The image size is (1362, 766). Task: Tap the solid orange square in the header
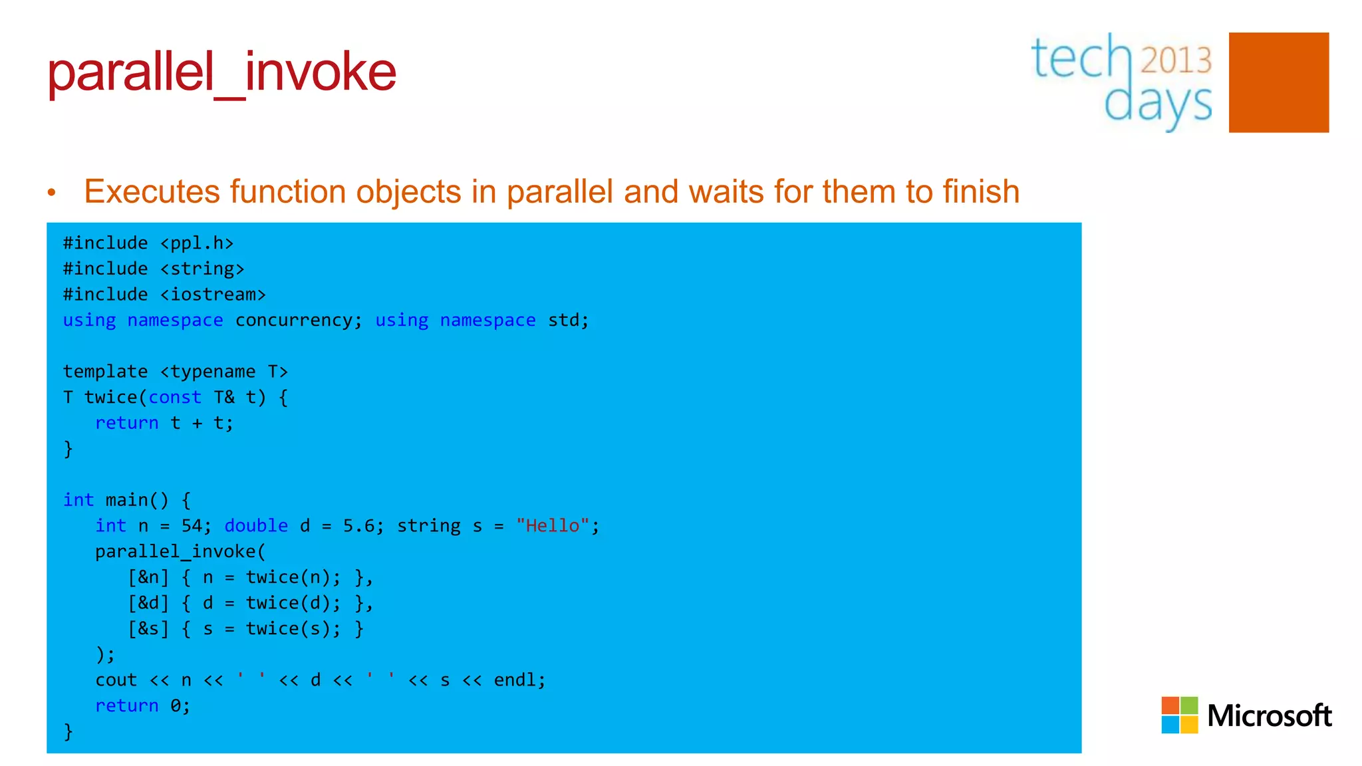click(x=1278, y=82)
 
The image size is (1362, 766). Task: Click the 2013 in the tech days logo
click(x=1176, y=60)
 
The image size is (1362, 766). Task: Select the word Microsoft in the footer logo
click(x=1269, y=715)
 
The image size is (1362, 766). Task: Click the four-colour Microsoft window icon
click(x=1179, y=715)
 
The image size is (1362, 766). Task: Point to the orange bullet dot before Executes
click(x=52, y=193)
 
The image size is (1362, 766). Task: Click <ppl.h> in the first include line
click(x=197, y=243)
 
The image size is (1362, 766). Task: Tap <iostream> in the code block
click(x=213, y=295)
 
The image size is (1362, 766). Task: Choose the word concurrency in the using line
click(x=294, y=320)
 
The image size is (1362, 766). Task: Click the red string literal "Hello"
click(x=552, y=526)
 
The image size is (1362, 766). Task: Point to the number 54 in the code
click(x=192, y=526)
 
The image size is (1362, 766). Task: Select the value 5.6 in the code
click(x=358, y=526)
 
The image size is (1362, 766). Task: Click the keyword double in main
click(x=256, y=526)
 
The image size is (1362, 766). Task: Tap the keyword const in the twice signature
click(x=174, y=398)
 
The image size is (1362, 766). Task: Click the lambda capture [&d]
click(x=148, y=603)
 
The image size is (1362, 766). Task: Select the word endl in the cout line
click(x=515, y=680)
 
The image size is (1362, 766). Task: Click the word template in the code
click(x=105, y=372)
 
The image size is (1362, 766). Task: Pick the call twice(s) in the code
click(x=289, y=629)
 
